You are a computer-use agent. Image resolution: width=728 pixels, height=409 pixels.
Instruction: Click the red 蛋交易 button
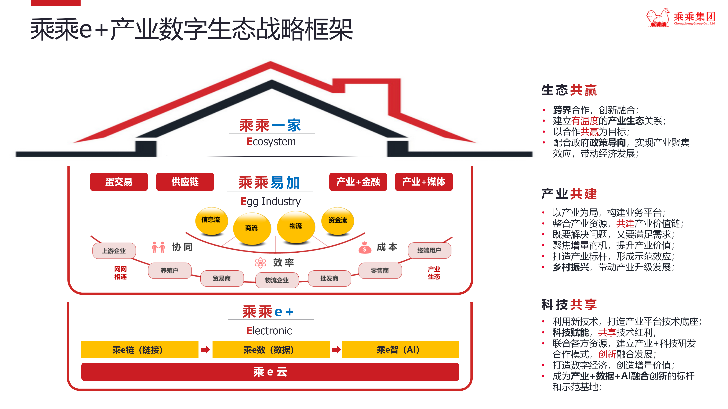119,182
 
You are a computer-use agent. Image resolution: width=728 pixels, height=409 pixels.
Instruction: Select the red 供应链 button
185,182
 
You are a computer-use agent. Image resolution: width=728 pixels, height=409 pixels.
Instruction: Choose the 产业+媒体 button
424,182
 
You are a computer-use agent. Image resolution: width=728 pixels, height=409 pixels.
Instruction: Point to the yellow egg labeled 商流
252,228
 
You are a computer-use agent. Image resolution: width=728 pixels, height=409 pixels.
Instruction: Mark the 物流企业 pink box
277,280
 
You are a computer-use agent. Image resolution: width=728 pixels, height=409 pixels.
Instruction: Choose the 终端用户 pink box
429,250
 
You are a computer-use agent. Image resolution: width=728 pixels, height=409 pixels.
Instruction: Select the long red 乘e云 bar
270,372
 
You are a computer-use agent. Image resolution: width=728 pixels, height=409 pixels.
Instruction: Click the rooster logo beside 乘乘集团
658,18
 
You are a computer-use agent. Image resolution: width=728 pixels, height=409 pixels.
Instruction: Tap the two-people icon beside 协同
158,247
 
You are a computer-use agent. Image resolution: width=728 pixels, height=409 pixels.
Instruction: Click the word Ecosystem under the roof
271,142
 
